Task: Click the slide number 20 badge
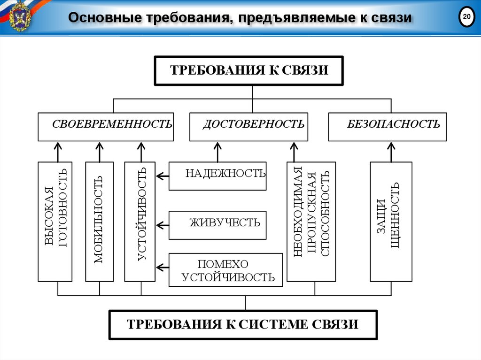point(466,17)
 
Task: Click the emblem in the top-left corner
point(19,17)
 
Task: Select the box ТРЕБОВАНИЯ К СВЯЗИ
point(249,70)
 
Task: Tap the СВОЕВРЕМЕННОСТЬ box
point(106,127)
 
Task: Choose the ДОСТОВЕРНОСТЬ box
point(248,127)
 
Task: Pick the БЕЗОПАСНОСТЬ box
point(387,127)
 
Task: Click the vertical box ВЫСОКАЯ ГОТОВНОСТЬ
point(55,222)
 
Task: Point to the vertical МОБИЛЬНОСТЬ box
point(99,222)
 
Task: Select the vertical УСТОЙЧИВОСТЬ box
point(140,222)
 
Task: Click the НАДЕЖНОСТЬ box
point(217,176)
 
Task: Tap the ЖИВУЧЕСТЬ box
point(217,225)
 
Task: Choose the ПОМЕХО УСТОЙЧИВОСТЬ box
point(225,270)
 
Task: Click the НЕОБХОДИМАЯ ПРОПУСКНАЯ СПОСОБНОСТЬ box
point(311,222)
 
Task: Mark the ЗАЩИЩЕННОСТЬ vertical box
point(391,222)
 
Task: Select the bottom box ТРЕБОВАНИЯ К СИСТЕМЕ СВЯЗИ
point(243,324)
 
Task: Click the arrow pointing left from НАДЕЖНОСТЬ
point(162,176)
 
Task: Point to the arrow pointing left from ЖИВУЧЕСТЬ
point(162,225)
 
